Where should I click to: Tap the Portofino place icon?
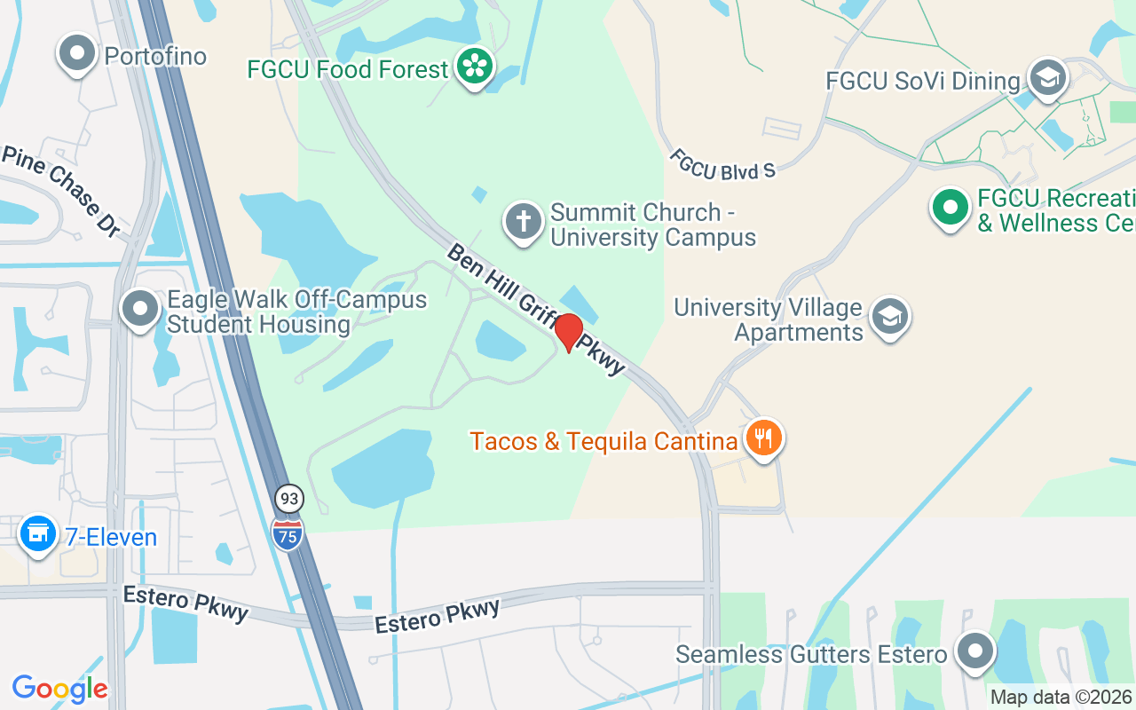coord(77,53)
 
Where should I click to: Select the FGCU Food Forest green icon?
coord(476,67)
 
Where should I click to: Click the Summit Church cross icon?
coord(524,221)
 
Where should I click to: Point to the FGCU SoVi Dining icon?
coord(1047,77)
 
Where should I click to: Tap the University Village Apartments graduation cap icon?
coord(889,317)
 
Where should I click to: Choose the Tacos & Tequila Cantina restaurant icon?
coord(763,438)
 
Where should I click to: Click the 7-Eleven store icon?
coord(38,534)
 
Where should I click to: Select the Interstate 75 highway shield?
coord(288,533)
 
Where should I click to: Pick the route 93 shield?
coord(288,499)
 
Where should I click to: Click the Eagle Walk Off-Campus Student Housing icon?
coord(139,310)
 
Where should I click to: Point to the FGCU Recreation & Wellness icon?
coord(951,209)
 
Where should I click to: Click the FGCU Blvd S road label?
coord(722,164)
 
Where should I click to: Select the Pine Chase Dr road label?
coord(61,190)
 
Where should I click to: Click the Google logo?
coord(59,689)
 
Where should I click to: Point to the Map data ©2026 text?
coord(1061,698)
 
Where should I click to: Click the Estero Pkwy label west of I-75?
coord(185,603)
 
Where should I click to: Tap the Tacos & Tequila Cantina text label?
coord(604,441)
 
